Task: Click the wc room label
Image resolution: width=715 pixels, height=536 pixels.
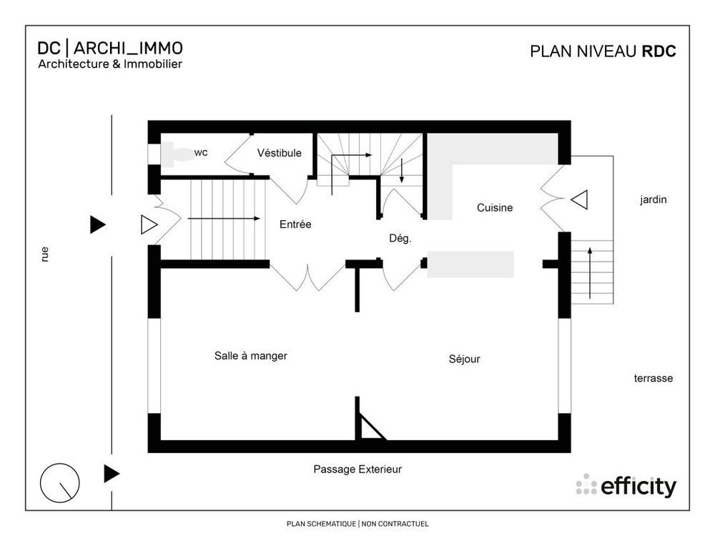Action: [201, 152]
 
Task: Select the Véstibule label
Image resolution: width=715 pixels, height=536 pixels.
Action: [279, 153]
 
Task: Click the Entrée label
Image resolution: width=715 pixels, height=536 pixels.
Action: [295, 224]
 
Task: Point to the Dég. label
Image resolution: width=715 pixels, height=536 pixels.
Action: [400, 239]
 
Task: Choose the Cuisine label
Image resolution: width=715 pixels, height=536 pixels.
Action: [495, 208]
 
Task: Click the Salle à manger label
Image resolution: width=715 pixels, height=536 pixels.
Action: [250, 355]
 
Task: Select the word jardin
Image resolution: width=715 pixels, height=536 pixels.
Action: [653, 200]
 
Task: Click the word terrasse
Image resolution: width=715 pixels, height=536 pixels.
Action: [653, 378]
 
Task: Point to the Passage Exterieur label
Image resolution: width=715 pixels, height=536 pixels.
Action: [357, 470]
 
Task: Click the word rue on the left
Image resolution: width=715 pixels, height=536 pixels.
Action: [45, 254]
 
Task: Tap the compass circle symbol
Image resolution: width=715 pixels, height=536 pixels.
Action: [59, 483]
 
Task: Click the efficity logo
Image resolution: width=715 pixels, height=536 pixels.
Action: [626, 486]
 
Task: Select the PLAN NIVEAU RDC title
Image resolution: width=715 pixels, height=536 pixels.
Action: [602, 51]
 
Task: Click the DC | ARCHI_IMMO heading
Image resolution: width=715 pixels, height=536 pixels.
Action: [110, 48]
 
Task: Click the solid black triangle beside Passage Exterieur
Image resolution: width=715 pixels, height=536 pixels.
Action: [111, 473]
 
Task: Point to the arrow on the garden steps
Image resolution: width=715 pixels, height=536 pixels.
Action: [589, 272]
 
